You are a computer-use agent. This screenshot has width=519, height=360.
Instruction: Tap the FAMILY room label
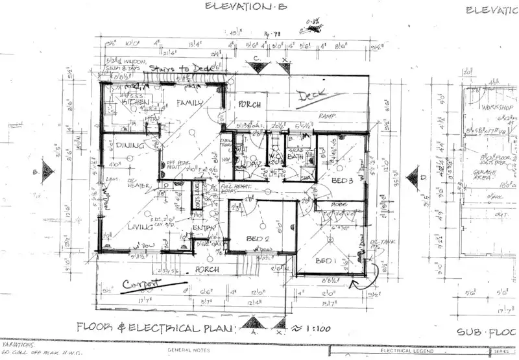(x=190, y=102)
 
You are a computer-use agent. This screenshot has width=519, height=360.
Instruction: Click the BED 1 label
(x=325, y=261)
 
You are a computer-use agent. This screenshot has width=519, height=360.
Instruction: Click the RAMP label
(x=326, y=116)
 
